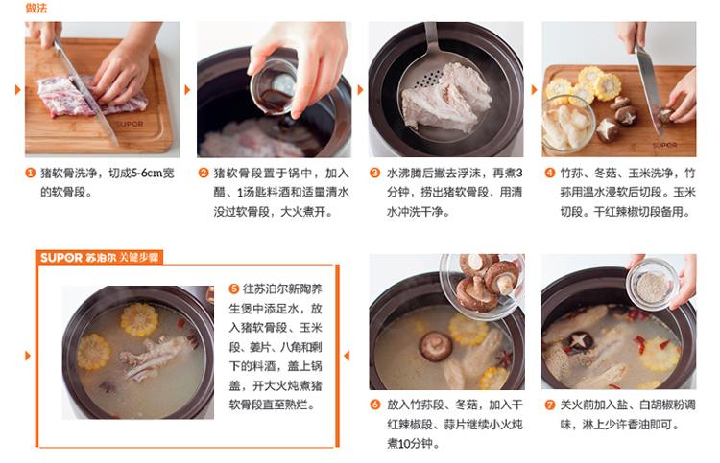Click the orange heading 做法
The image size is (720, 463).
36,8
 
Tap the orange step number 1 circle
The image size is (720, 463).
31,173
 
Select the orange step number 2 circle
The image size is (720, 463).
204,173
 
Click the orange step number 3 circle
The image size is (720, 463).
375,173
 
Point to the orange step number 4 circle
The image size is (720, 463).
550,173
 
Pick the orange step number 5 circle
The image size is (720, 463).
234,289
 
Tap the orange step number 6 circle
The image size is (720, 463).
375,405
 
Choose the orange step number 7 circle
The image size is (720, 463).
550,405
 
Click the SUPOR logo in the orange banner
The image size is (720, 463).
61,258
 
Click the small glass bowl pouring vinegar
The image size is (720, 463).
275,87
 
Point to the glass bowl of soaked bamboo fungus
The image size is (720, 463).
567,124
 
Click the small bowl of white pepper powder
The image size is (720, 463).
652,285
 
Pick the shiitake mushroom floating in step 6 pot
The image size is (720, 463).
435,346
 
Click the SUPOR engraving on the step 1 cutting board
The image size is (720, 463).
130,125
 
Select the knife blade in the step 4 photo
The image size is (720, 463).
648,87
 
